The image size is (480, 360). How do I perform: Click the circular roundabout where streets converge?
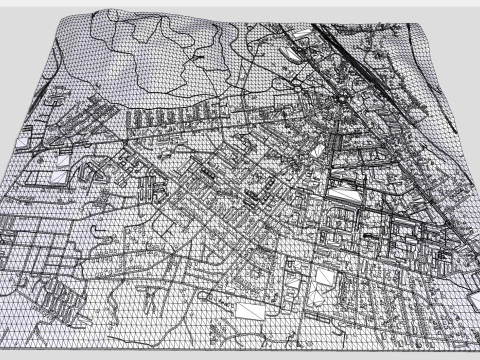[343, 96]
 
